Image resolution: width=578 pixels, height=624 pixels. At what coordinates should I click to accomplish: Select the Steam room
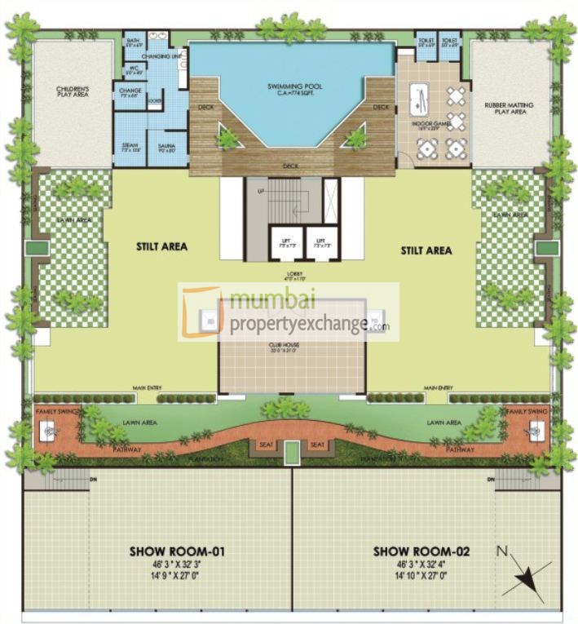coord(130,149)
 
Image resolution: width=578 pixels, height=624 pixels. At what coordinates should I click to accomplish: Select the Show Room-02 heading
coord(421,552)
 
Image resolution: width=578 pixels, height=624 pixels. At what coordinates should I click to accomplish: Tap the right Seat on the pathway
coord(318,445)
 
